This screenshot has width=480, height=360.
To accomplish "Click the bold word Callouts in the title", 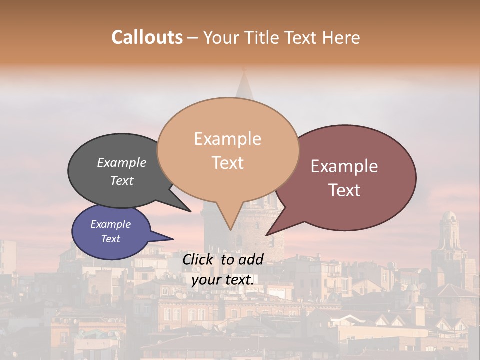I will click(147, 37).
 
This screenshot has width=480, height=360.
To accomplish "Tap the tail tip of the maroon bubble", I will click(267, 235).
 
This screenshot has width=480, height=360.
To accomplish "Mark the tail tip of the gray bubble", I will click(190, 211).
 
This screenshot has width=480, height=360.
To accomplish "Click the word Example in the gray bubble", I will click(122, 163).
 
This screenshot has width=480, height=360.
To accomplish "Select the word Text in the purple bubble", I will click(111, 239).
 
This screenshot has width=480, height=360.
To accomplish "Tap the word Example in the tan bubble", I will click(227, 139).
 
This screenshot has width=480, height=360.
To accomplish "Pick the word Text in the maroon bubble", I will click(345, 190).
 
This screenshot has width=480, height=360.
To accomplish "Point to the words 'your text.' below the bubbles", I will click(223, 280).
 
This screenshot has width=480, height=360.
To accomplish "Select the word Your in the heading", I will click(220, 37).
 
